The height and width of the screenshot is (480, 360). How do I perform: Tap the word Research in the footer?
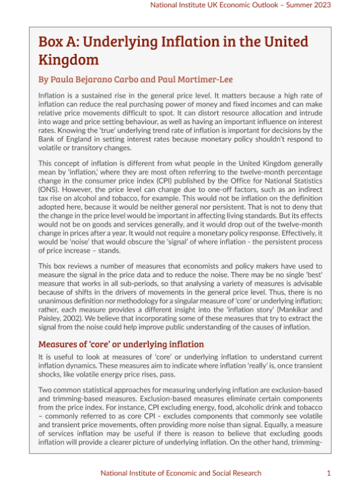point(243,473)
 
